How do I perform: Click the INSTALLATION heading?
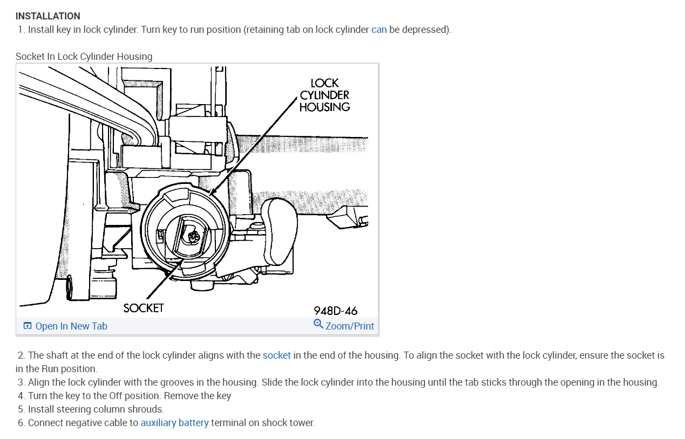48,16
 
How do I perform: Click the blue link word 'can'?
379,30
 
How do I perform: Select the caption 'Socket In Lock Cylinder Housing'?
84,56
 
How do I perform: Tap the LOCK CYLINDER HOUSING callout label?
324,95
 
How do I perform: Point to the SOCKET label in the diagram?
143,308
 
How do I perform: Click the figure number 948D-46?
335,311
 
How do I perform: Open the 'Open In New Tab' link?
71,326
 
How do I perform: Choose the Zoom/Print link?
349,326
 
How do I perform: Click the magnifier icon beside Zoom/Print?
318,324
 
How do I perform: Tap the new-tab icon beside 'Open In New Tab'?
28,326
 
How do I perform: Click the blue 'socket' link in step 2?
276,355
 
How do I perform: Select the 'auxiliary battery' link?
174,423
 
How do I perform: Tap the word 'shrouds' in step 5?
147,409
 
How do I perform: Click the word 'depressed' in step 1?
425,30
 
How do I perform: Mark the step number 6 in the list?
21,423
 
